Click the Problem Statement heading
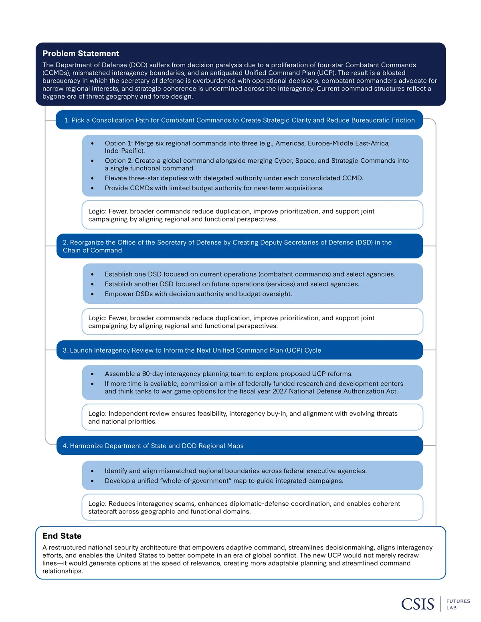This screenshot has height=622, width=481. point(81,54)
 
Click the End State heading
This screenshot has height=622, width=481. point(62,536)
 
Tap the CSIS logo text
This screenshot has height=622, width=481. point(418,604)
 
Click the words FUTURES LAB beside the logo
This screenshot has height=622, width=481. point(458,604)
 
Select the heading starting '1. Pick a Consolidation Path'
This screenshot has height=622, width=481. point(239,120)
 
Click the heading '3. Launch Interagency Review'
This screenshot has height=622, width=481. point(192,350)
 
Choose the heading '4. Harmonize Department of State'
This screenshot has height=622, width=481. point(153,446)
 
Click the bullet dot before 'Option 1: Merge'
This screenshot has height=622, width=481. point(92,143)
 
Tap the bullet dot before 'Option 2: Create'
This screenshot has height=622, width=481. point(92,161)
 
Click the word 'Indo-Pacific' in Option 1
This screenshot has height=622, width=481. point(124,151)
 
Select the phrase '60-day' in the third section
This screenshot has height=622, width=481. point(152,374)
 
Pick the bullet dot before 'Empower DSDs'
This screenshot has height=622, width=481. point(92,294)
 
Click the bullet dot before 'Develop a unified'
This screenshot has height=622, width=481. point(92,481)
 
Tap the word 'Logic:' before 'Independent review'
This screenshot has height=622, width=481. point(97,414)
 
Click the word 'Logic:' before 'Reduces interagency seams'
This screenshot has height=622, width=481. point(97,504)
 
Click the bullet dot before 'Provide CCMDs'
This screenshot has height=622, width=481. point(92,188)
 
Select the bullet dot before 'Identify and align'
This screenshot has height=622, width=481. point(92,471)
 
